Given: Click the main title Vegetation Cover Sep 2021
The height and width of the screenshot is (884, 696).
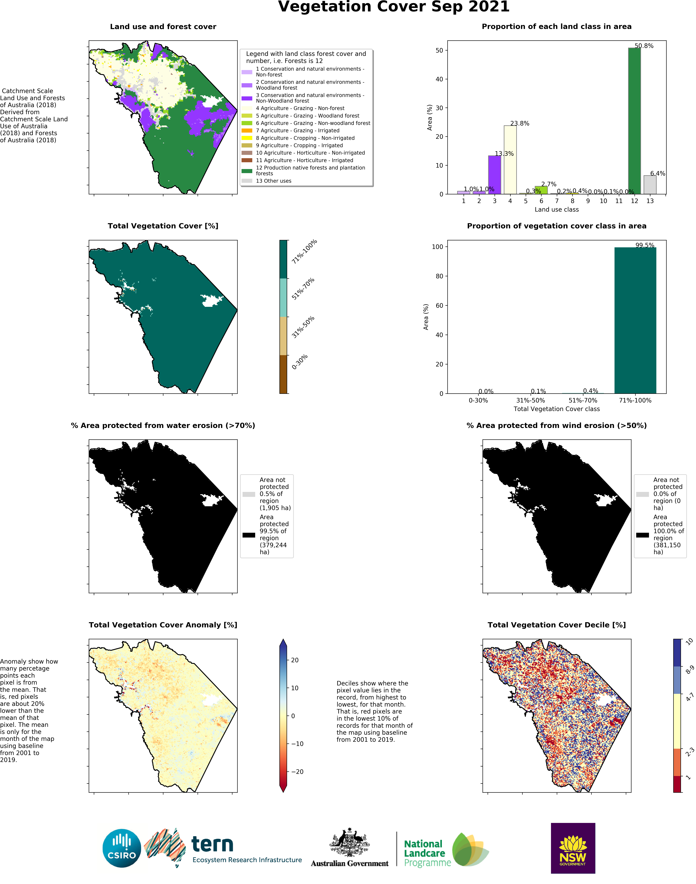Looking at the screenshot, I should click(x=394, y=7).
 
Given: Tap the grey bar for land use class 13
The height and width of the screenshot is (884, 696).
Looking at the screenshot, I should click(x=650, y=185).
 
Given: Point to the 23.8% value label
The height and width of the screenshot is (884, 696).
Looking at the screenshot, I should click(x=520, y=123).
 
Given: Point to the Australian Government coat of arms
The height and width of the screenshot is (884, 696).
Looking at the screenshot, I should click(x=349, y=843).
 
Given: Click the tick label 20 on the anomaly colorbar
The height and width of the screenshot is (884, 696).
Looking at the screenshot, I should click(x=295, y=660).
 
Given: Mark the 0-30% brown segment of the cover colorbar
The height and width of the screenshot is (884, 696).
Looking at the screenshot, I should click(x=284, y=374).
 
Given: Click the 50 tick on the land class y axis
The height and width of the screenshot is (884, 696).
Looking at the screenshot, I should click(x=439, y=51).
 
